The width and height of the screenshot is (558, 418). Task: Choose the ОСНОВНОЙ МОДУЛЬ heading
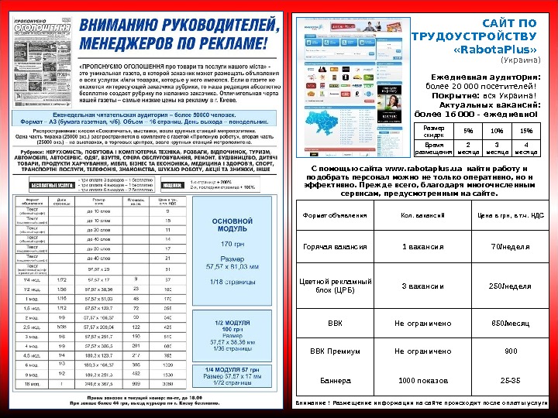233,225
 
